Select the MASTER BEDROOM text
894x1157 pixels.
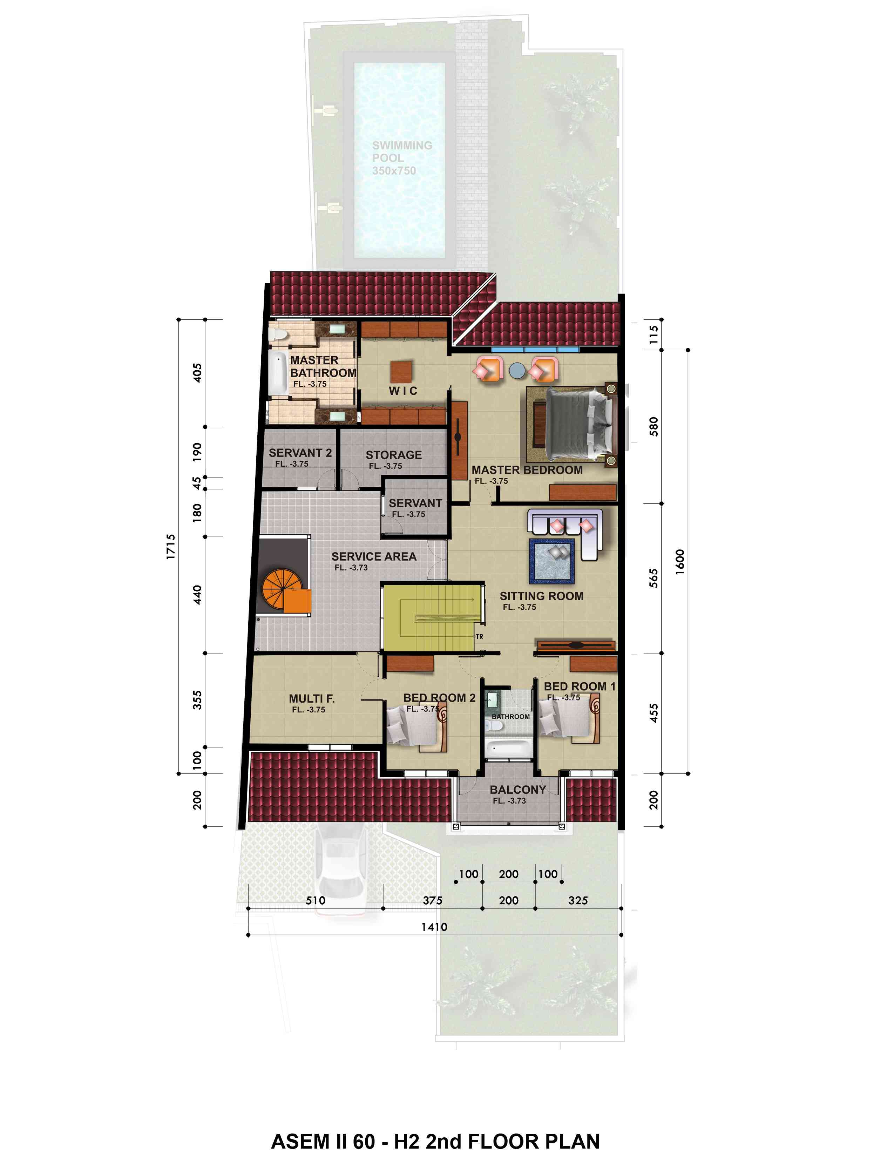(527, 470)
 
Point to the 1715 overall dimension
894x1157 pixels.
(170, 546)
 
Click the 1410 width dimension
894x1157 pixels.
(434, 927)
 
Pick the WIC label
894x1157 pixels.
(403, 391)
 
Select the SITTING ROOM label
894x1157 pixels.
(542, 596)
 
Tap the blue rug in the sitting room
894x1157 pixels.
(552, 561)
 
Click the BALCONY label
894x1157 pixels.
(517, 789)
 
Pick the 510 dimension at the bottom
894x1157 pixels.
(316, 900)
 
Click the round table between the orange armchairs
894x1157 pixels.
(517, 371)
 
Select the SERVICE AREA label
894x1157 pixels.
(374, 556)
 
